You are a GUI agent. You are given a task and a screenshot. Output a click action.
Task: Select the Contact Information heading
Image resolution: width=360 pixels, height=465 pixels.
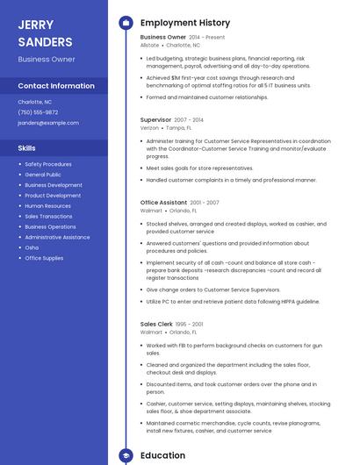56,86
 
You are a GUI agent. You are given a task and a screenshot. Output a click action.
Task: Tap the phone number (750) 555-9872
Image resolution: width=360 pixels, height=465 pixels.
38,112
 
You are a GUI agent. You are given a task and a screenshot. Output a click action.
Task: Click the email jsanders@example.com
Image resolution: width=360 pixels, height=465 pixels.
48,123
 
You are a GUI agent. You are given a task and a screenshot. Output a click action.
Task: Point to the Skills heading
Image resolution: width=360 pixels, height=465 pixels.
27,148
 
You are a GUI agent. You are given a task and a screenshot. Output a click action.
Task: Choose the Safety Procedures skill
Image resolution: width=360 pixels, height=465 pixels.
48,164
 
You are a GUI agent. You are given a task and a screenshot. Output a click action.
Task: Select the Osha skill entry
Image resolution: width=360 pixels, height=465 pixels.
32,247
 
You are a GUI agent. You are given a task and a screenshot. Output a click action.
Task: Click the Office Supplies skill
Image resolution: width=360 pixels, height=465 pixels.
44,258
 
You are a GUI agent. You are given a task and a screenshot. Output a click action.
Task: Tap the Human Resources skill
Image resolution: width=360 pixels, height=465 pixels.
47,205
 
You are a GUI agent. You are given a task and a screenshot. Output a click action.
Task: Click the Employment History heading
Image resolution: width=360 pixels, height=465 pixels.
185,23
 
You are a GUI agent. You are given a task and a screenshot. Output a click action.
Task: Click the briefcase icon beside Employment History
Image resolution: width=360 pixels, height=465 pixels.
126,23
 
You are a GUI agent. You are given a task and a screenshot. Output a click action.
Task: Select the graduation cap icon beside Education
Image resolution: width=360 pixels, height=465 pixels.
126,455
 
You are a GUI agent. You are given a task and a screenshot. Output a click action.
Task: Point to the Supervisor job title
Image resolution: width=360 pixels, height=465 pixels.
155,118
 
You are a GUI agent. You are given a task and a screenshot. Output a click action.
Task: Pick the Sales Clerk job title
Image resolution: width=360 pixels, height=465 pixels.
155,324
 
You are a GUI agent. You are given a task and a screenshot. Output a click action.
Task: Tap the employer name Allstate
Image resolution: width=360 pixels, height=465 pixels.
149,45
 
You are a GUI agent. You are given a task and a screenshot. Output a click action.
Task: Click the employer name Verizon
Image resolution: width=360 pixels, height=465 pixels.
149,127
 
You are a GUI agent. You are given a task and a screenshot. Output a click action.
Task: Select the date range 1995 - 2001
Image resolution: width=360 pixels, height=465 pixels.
191,324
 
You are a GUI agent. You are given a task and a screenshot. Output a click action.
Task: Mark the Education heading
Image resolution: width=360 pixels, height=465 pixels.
162,455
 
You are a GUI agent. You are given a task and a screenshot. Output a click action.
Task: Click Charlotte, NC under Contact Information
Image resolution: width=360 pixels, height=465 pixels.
35,102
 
